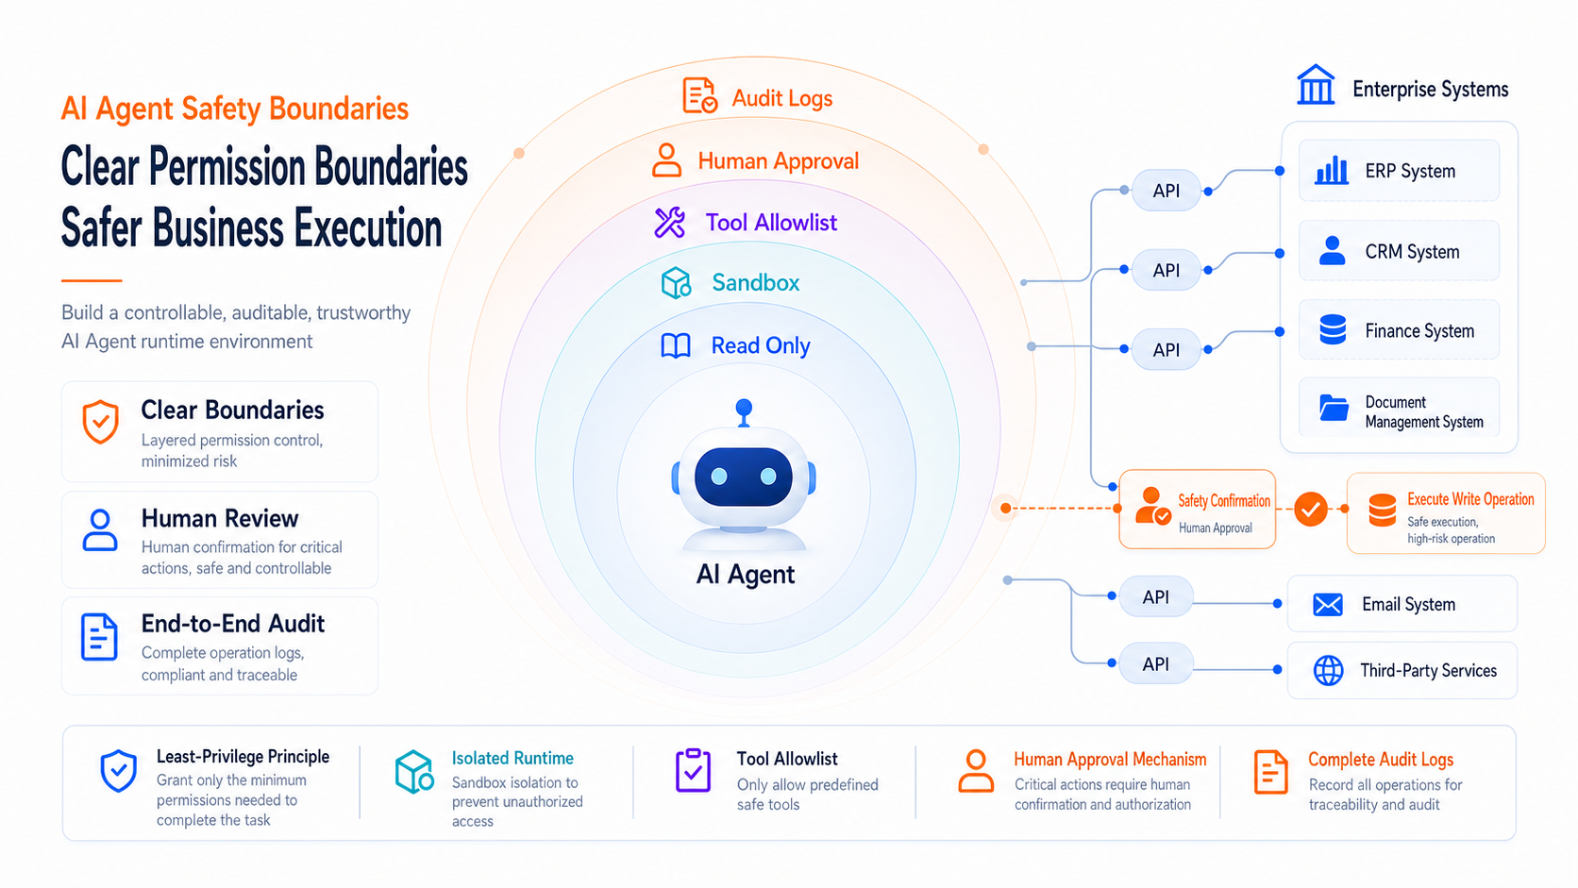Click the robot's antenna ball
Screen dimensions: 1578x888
tap(744, 408)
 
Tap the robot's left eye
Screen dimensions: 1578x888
tap(719, 477)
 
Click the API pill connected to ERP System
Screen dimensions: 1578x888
tap(1166, 190)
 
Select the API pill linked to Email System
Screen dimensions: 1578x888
tap(1155, 596)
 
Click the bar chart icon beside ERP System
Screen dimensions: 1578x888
tap(1332, 171)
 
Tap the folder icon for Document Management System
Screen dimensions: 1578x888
tap(1334, 408)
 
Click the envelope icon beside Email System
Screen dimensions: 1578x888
tap(1328, 604)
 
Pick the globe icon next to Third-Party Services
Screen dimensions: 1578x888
tap(1329, 670)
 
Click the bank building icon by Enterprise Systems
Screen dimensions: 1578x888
tap(1316, 85)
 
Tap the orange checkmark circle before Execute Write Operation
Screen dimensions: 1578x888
tap(1310, 509)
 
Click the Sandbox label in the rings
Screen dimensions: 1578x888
tap(756, 282)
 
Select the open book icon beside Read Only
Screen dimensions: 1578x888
tap(676, 345)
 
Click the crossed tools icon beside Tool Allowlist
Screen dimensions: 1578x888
tap(669, 223)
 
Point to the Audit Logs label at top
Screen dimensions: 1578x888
tap(782, 98)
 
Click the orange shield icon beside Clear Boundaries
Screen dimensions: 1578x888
tap(101, 422)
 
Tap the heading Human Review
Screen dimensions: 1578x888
tap(220, 518)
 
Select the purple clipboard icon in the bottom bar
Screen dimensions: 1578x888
tap(693, 770)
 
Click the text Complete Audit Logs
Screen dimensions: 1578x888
tap(1381, 759)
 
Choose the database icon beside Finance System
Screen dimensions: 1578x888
tap(1333, 329)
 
